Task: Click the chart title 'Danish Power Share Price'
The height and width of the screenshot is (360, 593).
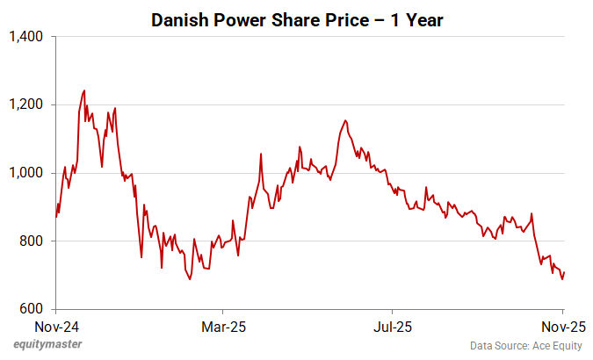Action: (x=297, y=19)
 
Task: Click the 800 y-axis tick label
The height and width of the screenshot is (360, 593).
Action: (x=32, y=241)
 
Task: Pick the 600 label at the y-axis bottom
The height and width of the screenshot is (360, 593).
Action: (x=32, y=309)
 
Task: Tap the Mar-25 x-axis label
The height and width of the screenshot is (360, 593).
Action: (x=223, y=327)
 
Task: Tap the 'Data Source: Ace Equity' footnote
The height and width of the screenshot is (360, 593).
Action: (x=524, y=346)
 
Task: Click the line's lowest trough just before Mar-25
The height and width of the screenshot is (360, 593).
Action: (x=190, y=279)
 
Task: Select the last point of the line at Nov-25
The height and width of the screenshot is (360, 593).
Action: (x=564, y=272)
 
